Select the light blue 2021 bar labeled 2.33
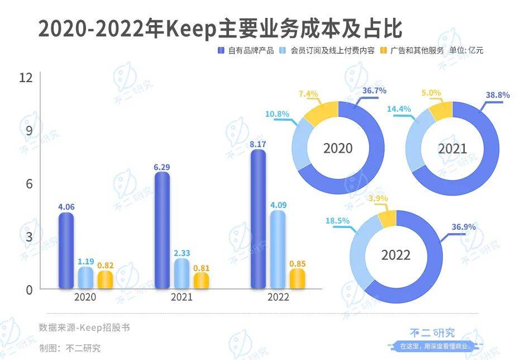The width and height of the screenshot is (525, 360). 182,274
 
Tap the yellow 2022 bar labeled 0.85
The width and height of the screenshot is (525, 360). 297,279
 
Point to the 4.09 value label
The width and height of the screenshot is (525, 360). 278,205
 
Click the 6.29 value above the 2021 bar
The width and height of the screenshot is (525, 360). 161,167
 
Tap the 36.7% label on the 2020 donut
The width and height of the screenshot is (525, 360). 374,91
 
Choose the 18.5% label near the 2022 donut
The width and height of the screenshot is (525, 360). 337,221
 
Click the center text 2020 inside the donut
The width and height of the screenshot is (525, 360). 338,148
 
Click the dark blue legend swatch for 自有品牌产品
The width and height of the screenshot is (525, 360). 221,50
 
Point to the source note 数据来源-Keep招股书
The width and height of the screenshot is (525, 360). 84,327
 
